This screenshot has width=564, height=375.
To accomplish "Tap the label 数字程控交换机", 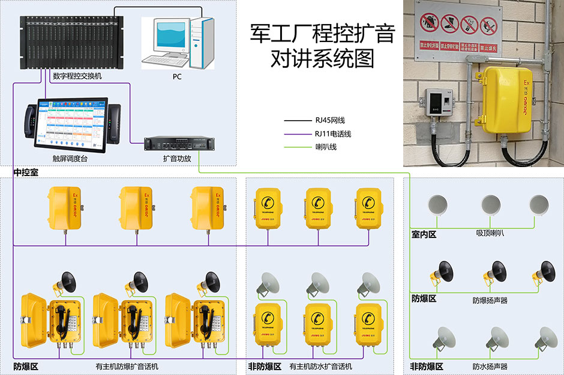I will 77,76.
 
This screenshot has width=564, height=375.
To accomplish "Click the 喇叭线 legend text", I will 326,147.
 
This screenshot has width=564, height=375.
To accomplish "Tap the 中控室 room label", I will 26,172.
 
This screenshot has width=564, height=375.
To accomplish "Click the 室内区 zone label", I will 424,234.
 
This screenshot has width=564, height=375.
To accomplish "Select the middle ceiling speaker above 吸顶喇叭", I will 491,205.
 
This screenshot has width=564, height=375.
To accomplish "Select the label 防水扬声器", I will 489,366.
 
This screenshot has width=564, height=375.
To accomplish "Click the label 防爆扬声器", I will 489,299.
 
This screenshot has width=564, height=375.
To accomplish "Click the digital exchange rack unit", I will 71,42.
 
